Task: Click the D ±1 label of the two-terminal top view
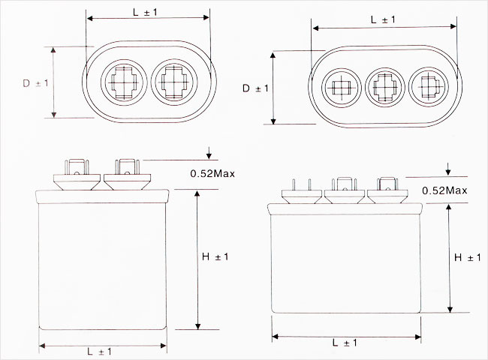[35, 83]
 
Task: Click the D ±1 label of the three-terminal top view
[255, 88]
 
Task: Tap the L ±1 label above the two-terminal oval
[146, 13]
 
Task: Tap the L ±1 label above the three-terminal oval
[383, 20]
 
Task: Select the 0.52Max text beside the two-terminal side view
[212, 173]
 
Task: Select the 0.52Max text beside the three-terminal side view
[444, 190]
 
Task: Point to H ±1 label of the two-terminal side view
[215, 256]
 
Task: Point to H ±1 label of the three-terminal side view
[468, 257]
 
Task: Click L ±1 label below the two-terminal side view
[99, 352]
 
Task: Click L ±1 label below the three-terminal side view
[345, 343]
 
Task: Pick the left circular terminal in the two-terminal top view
[124, 82]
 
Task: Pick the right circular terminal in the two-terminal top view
[173, 82]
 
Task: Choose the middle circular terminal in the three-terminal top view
[384, 87]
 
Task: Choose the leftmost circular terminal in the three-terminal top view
[342, 87]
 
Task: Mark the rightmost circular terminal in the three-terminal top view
[429, 87]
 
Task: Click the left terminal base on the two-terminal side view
[77, 181]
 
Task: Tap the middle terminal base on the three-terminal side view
[345, 196]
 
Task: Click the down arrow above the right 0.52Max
[448, 169]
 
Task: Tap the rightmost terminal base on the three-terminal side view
[387, 196]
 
